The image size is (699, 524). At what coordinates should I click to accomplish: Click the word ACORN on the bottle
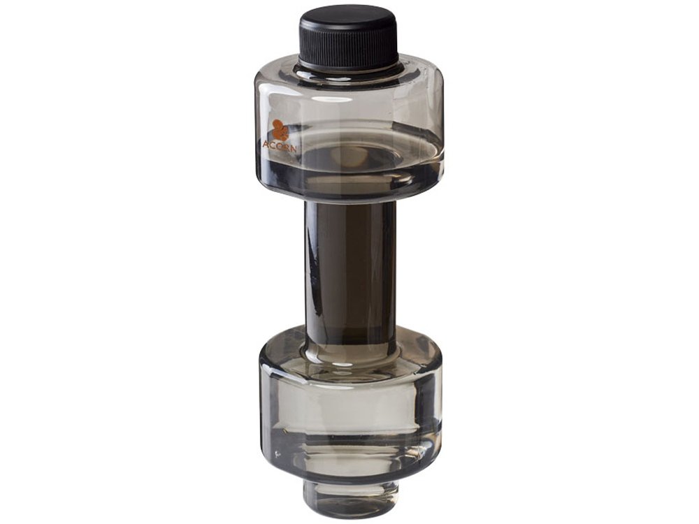tap(279, 146)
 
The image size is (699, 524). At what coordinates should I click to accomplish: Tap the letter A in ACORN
tap(265, 145)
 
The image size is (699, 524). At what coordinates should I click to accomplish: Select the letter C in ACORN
tap(272, 145)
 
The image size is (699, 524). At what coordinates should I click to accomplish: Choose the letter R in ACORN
tap(285, 147)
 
